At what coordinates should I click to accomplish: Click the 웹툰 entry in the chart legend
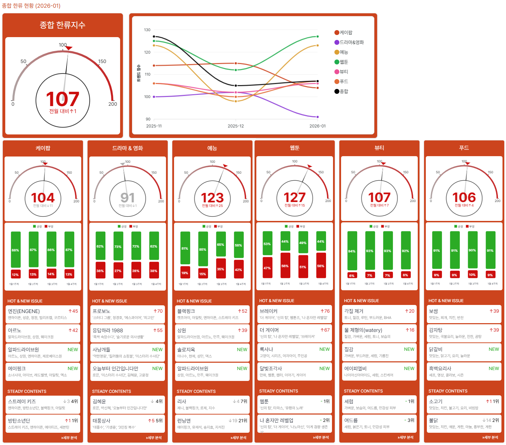click(x=344, y=62)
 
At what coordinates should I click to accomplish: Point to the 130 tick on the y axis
click(x=147, y=30)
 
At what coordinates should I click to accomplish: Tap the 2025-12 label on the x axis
click(x=236, y=126)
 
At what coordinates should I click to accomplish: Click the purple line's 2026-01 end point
click(x=318, y=117)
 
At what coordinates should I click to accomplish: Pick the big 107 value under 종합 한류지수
click(x=63, y=99)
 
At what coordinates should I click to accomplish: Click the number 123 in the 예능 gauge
click(x=212, y=197)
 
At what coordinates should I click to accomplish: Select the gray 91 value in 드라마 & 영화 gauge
click(x=127, y=197)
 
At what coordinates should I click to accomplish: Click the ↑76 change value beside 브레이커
click(x=325, y=311)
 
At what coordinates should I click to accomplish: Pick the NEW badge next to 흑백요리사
click(x=494, y=368)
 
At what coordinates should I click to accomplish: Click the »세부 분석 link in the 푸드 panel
click(x=490, y=437)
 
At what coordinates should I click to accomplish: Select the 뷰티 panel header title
click(x=379, y=148)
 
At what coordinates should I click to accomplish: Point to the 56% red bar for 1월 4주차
click(x=321, y=266)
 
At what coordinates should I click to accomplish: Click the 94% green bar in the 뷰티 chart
click(x=352, y=251)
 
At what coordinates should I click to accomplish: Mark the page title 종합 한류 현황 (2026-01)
click(x=31, y=6)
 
